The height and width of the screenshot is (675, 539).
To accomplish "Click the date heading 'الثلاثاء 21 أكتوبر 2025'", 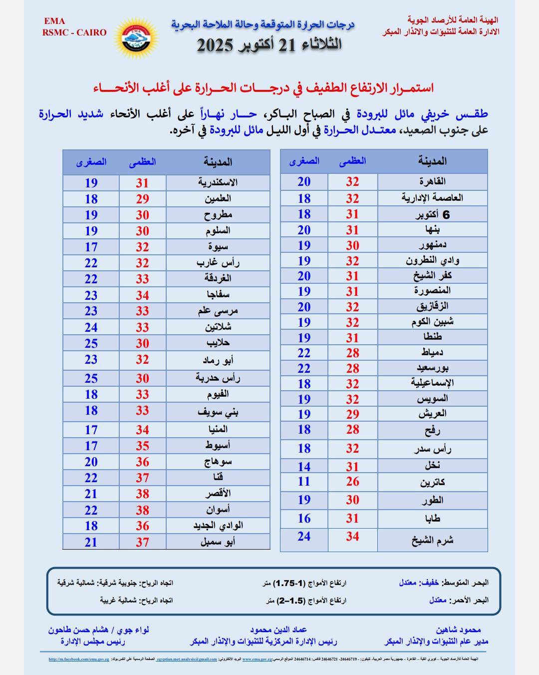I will [x=269, y=45].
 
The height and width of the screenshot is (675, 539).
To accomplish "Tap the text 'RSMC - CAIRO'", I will [x=74, y=32].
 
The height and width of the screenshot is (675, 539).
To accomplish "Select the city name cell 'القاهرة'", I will [x=432, y=181].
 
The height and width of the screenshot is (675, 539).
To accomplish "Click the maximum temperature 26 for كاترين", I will [x=352, y=482].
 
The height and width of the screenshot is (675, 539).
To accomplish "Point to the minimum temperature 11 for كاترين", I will [x=304, y=482].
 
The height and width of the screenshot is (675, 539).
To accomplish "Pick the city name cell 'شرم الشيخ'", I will [x=432, y=540].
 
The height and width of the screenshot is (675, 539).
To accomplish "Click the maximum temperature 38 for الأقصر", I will [x=142, y=494].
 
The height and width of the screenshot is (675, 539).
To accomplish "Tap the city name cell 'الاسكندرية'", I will [x=218, y=182].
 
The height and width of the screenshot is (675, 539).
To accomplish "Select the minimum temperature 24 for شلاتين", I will [x=91, y=327].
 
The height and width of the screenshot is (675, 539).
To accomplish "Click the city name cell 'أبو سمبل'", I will [x=218, y=542].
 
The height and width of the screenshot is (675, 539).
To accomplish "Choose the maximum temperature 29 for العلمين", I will [x=142, y=199].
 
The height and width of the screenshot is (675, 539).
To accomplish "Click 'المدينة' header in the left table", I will [x=218, y=162].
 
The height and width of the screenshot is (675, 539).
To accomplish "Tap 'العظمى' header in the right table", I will [x=352, y=161].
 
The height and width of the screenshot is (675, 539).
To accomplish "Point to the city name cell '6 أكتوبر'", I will [x=432, y=215].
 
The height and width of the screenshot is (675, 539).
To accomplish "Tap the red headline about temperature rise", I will [x=263, y=88].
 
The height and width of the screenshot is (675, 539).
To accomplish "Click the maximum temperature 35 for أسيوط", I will [x=142, y=446].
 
